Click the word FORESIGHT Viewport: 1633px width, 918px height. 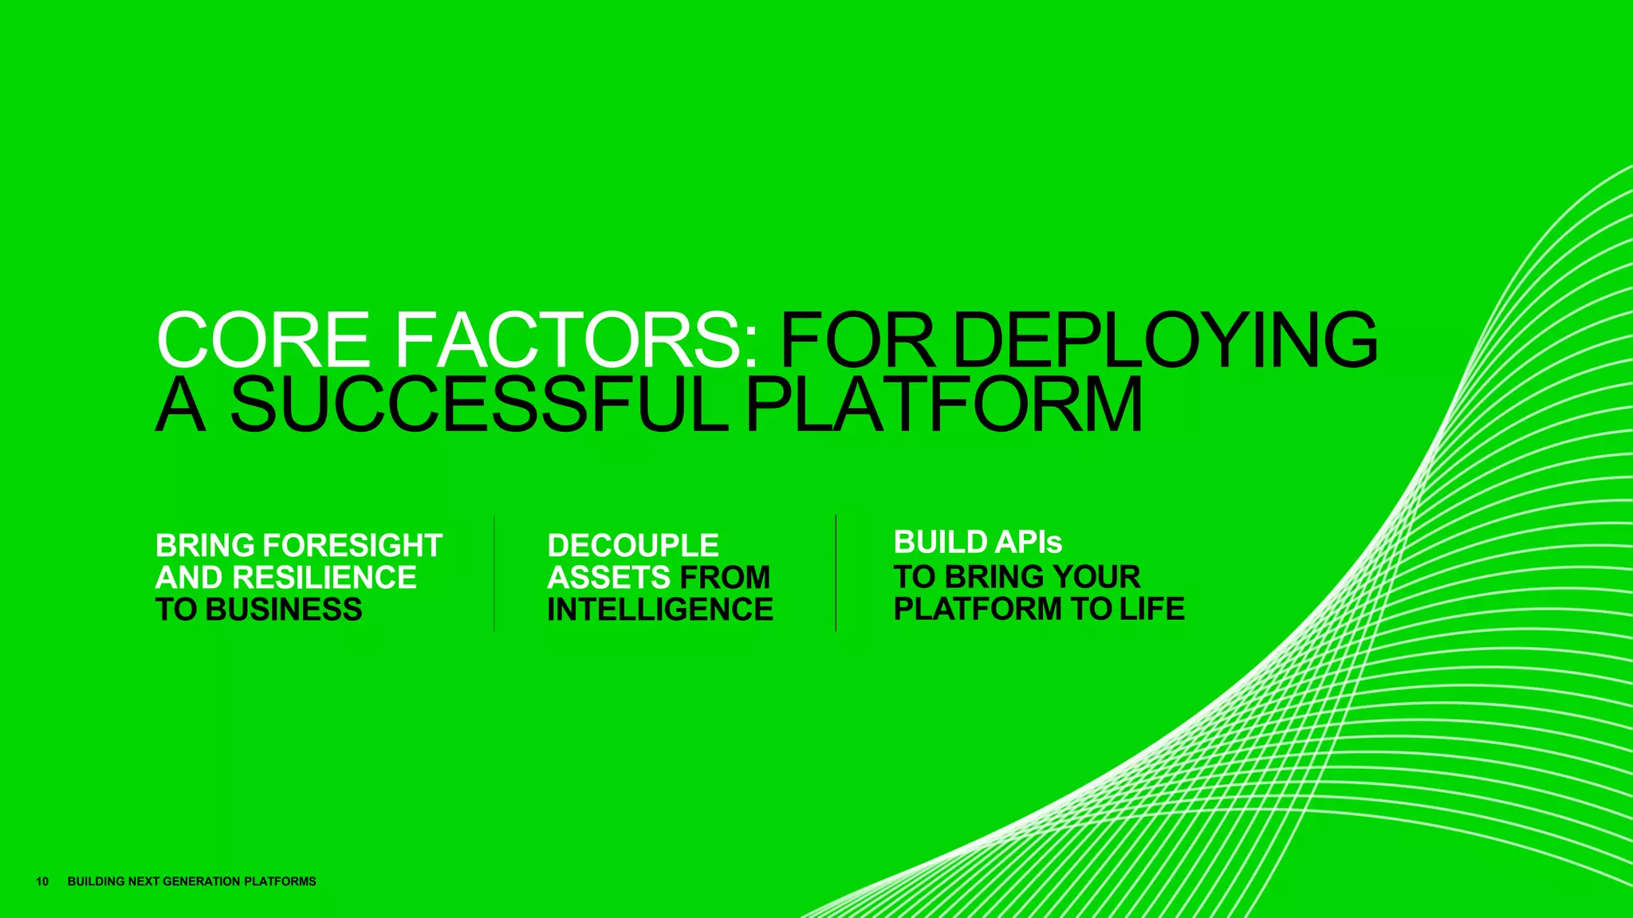pyautogui.click(x=352, y=546)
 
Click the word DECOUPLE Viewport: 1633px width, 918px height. pyautogui.click(x=633, y=546)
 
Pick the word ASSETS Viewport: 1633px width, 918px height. pyautogui.click(x=609, y=578)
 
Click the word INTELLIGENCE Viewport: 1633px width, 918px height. pyautogui.click(x=659, y=610)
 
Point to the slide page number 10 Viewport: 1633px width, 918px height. pyautogui.click(x=42, y=881)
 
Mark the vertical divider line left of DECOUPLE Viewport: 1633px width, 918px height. pyautogui.click(x=494, y=574)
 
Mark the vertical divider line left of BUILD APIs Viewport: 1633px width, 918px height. pyautogui.click(x=836, y=574)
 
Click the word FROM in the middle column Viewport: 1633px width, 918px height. pyautogui.click(x=725, y=578)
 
